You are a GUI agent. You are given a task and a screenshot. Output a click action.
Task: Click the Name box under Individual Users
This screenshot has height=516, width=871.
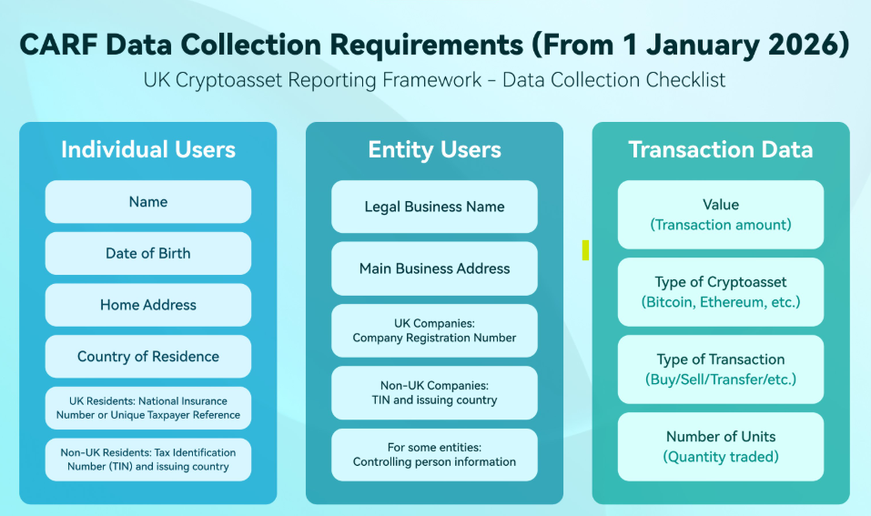tap(148, 202)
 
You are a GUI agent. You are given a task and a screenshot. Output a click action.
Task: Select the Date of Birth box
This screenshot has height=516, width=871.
tap(148, 253)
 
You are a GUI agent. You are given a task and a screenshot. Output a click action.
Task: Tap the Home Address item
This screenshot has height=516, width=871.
tap(148, 305)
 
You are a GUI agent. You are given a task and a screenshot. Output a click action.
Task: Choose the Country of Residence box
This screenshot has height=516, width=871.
tap(148, 357)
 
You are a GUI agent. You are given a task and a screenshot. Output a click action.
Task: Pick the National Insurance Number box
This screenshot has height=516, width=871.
tap(148, 408)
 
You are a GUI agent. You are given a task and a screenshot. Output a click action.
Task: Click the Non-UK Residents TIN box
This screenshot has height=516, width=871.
tap(148, 460)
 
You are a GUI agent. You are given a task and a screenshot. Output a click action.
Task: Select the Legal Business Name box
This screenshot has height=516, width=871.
tap(434, 207)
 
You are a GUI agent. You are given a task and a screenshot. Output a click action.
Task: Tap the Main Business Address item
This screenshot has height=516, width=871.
tap(434, 268)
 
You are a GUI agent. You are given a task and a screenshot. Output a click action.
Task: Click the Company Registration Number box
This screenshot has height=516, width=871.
tap(434, 330)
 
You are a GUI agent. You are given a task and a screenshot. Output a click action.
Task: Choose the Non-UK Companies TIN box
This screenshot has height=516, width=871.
tap(434, 392)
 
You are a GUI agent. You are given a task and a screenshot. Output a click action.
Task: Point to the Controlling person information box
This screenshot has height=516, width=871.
tap(434, 454)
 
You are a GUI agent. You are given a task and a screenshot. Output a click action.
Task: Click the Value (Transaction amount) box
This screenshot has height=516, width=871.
tap(721, 215)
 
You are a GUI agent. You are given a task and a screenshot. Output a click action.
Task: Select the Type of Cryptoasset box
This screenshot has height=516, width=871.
tap(721, 292)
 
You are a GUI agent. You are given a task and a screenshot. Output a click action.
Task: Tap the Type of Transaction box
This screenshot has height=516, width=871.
tap(721, 369)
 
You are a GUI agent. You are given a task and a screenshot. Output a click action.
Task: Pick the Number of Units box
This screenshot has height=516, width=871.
tap(721, 446)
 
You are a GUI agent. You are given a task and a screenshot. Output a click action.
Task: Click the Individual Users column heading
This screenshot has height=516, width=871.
tap(148, 150)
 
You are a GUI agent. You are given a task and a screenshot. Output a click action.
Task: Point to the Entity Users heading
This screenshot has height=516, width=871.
tap(434, 150)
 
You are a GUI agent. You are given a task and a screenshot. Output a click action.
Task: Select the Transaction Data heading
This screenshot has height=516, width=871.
tap(721, 150)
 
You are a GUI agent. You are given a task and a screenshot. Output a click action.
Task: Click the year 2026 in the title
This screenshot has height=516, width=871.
tap(804, 44)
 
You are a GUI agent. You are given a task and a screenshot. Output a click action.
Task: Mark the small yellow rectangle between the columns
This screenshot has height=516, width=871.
tap(585, 249)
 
